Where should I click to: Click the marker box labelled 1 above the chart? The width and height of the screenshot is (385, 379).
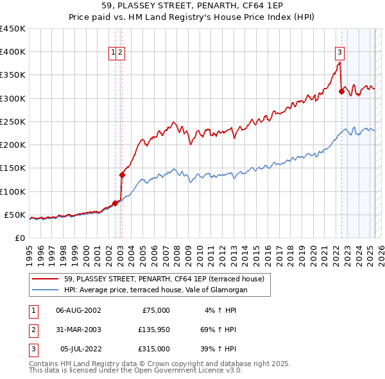click(x=113, y=53)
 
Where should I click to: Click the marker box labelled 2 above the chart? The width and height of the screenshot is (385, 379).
click(x=121, y=53)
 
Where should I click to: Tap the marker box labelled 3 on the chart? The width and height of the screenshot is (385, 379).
click(x=339, y=53)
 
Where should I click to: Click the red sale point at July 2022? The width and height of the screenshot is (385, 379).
click(x=341, y=92)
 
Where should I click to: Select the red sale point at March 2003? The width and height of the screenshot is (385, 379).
click(x=122, y=174)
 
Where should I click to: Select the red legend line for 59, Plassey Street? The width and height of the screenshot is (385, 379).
click(x=46, y=279)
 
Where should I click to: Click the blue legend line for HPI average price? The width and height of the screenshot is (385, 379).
click(x=46, y=290)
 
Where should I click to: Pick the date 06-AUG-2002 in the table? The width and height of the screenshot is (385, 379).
click(x=78, y=310)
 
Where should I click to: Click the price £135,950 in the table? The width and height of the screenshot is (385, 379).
click(x=154, y=330)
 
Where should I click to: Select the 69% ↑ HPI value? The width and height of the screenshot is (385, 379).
click(x=219, y=330)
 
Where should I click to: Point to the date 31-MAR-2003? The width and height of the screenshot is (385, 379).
click(x=78, y=330)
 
